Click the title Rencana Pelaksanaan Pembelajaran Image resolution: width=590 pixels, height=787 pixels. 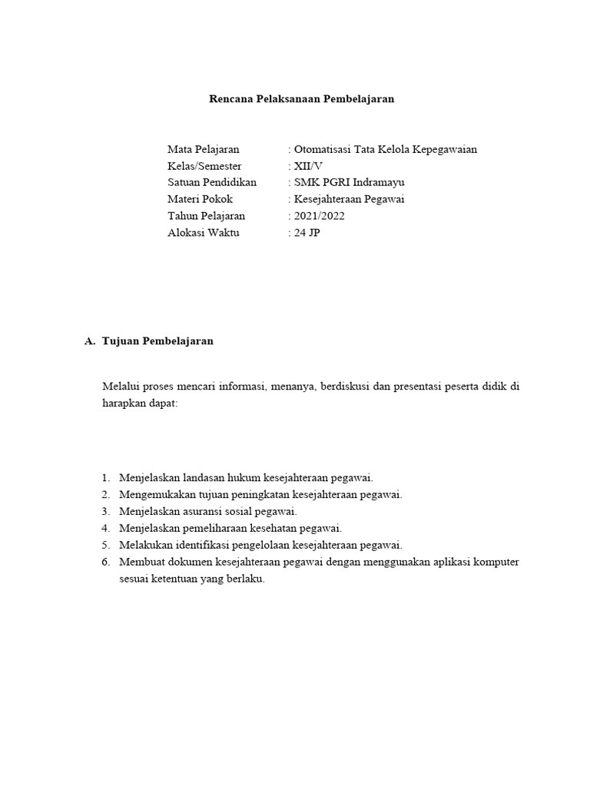[302, 99]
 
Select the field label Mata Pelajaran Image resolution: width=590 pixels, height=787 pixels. [203, 149]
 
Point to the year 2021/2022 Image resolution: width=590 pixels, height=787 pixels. [318, 216]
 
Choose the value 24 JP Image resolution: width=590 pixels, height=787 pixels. [306, 233]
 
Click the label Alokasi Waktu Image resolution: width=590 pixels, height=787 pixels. [203, 233]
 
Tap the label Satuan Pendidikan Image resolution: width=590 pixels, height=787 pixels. [212, 183]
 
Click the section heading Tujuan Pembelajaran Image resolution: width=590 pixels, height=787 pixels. [157, 341]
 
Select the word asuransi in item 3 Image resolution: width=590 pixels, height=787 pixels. [205, 511]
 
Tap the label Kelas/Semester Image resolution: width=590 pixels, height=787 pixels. [204, 166]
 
